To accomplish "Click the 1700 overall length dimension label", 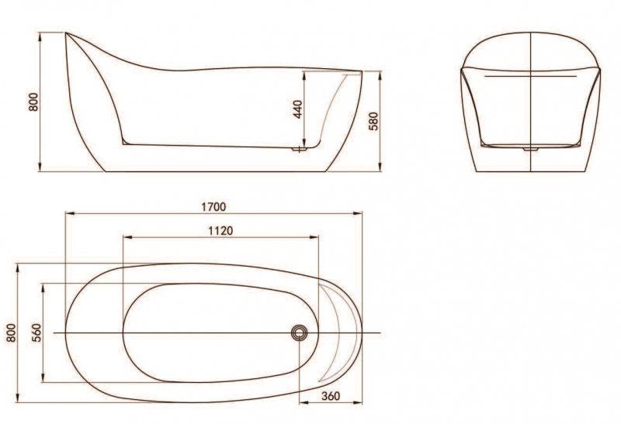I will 213,206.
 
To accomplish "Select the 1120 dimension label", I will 221,230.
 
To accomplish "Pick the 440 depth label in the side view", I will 296,109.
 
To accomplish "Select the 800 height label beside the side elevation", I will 33,102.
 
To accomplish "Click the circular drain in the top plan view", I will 300,333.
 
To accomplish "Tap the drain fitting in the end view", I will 531,147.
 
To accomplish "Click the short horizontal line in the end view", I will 530,78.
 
